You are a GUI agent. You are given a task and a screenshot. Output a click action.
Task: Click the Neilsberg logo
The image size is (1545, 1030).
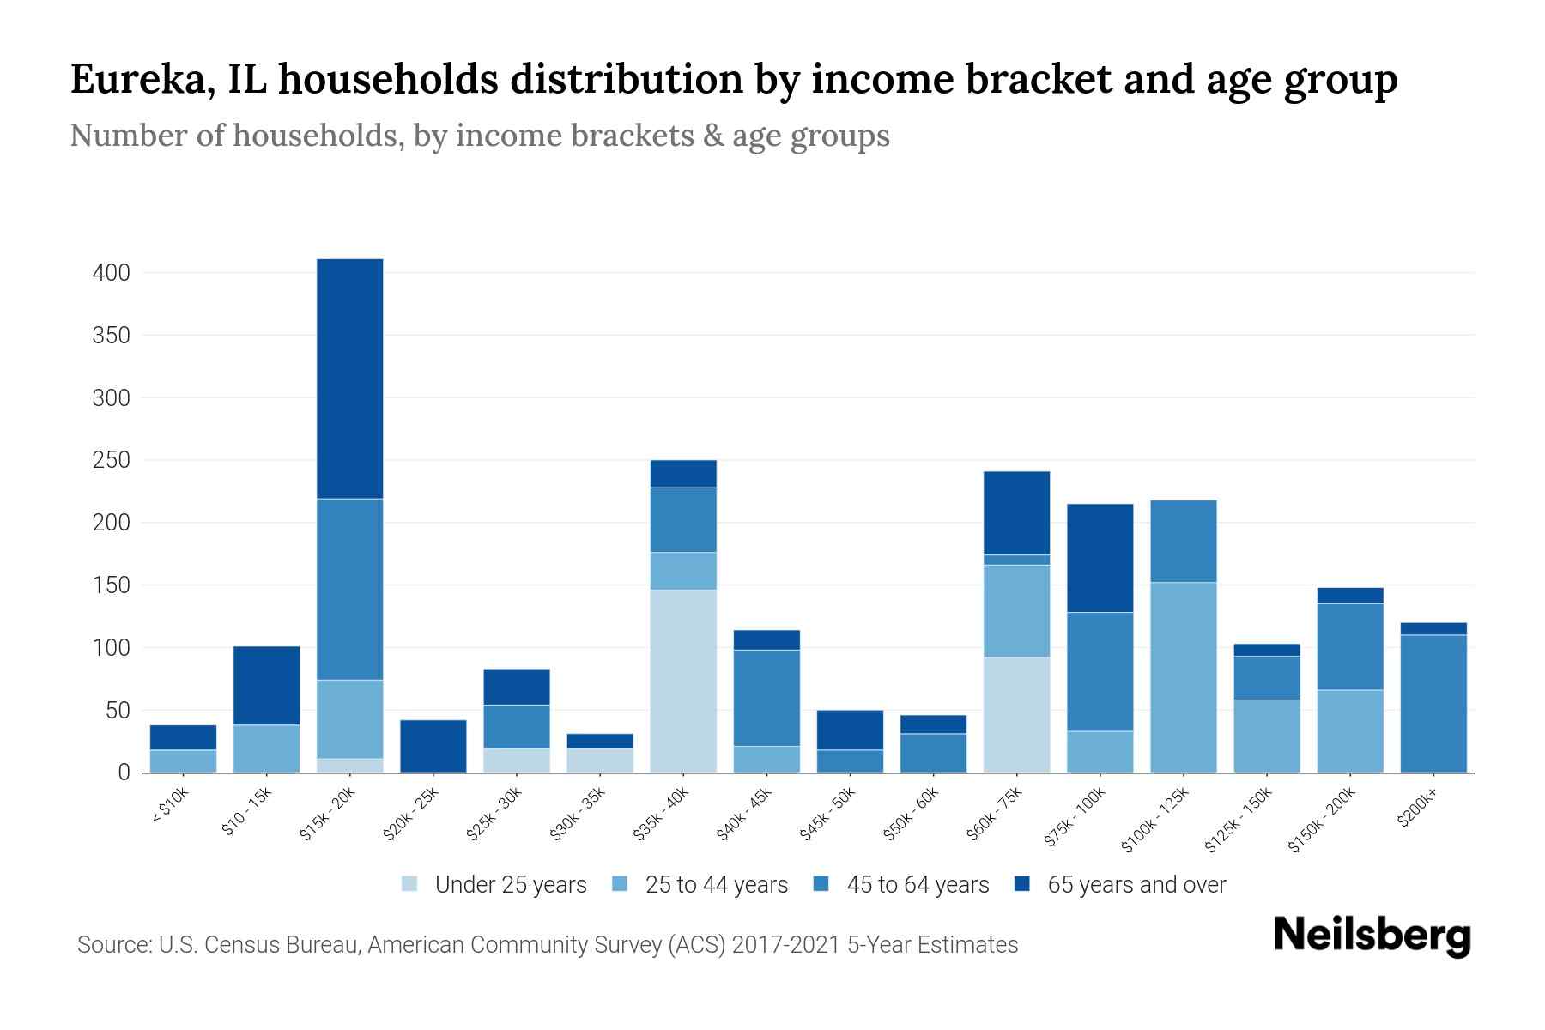[1372, 935]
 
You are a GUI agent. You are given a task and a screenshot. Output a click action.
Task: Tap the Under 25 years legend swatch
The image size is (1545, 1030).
[410, 884]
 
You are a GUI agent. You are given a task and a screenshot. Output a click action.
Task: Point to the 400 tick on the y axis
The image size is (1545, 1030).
[112, 273]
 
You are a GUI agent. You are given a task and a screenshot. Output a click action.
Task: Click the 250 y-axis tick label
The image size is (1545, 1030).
[112, 460]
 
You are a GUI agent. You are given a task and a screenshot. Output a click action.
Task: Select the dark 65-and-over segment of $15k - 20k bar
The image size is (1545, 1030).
[350, 378]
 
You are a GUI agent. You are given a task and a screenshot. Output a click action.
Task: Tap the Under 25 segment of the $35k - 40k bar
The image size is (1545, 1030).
[683, 680]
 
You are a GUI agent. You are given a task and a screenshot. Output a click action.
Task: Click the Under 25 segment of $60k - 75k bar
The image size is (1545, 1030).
[1017, 714]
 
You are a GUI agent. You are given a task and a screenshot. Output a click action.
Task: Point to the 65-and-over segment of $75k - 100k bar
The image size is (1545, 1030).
[1100, 558]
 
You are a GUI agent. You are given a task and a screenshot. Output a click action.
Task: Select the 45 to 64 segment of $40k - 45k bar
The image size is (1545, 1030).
[766, 697]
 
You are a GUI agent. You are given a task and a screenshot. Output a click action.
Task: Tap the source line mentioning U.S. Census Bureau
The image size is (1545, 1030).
[548, 945]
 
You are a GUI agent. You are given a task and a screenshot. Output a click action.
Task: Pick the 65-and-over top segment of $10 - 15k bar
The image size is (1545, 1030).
[267, 685]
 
